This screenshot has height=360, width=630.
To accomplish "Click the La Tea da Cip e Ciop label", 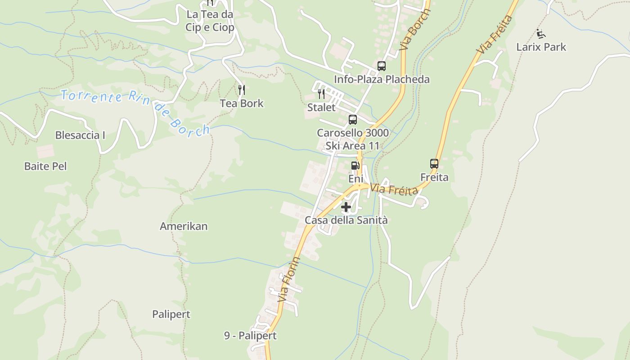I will click(x=210, y=21).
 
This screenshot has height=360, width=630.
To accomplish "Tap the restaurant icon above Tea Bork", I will click(x=242, y=90).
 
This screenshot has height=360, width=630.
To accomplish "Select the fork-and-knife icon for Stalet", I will click(x=321, y=94).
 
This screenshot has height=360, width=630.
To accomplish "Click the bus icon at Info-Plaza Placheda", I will click(x=382, y=66).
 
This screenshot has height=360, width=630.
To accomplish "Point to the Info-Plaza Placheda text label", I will click(x=382, y=80).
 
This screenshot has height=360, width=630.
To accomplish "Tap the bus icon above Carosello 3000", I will click(x=353, y=120).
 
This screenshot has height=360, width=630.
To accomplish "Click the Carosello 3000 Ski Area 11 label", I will click(x=353, y=139).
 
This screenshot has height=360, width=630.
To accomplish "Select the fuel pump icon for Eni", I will click(x=355, y=166).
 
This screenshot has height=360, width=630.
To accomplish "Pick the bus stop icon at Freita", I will click(x=434, y=164).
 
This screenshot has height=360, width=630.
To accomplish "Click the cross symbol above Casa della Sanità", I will click(x=346, y=207).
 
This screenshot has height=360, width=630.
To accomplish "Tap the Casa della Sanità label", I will click(x=346, y=220).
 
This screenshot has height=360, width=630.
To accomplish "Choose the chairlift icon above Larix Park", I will click(x=541, y=34).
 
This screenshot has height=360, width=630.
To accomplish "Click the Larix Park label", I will click(x=541, y=47).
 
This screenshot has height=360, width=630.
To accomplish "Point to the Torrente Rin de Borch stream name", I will click(x=135, y=111).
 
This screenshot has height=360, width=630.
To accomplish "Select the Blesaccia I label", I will click(x=80, y=135).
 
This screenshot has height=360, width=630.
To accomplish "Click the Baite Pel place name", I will click(x=45, y=166).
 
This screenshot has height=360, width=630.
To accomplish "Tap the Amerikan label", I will click(x=184, y=226).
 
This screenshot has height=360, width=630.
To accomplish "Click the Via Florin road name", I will click(x=289, y=279).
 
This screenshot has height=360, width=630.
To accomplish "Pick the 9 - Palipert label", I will click(x=250, y=336).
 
